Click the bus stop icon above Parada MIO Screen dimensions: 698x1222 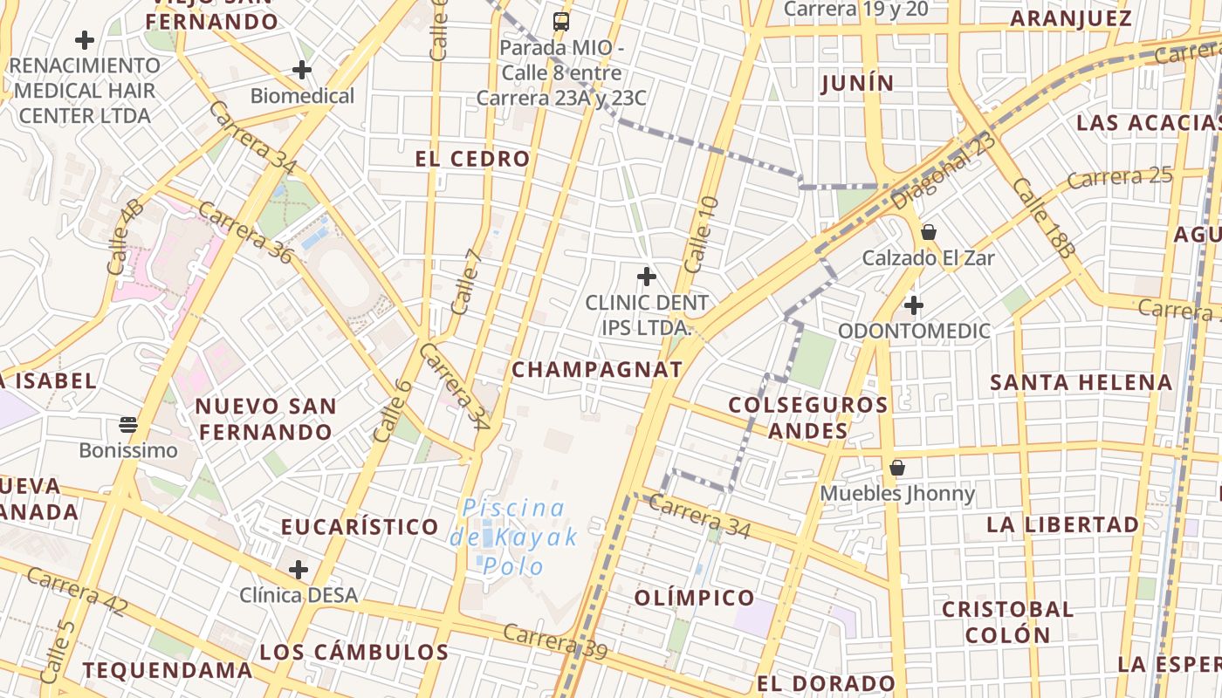tap(561, 22)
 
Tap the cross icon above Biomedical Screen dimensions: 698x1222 tap(302, 70)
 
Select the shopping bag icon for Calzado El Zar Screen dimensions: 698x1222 tap(929, 232)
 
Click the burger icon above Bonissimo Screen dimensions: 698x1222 tap(128, 425)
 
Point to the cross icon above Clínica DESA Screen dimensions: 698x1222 tap(299, 570)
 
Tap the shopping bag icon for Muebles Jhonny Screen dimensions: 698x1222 tap(897, 469)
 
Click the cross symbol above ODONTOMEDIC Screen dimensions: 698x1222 tap(914, 305)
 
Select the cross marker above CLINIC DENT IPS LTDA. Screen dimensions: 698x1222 tap(647, 277)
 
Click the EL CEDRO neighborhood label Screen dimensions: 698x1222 tap(472, 159)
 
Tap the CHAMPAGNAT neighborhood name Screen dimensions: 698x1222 tap(597, 369)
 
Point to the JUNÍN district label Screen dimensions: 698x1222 tap(858, 83)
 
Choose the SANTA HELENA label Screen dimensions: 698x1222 tap(1081, 382)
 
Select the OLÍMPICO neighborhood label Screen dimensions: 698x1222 tap(695, 598)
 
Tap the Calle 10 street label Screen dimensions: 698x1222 tap(701, 233)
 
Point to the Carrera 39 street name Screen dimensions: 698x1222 tap(555, 641)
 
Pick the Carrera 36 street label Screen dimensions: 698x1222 tap(244, 232)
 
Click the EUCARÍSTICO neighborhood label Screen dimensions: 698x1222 tap(360, 527)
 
